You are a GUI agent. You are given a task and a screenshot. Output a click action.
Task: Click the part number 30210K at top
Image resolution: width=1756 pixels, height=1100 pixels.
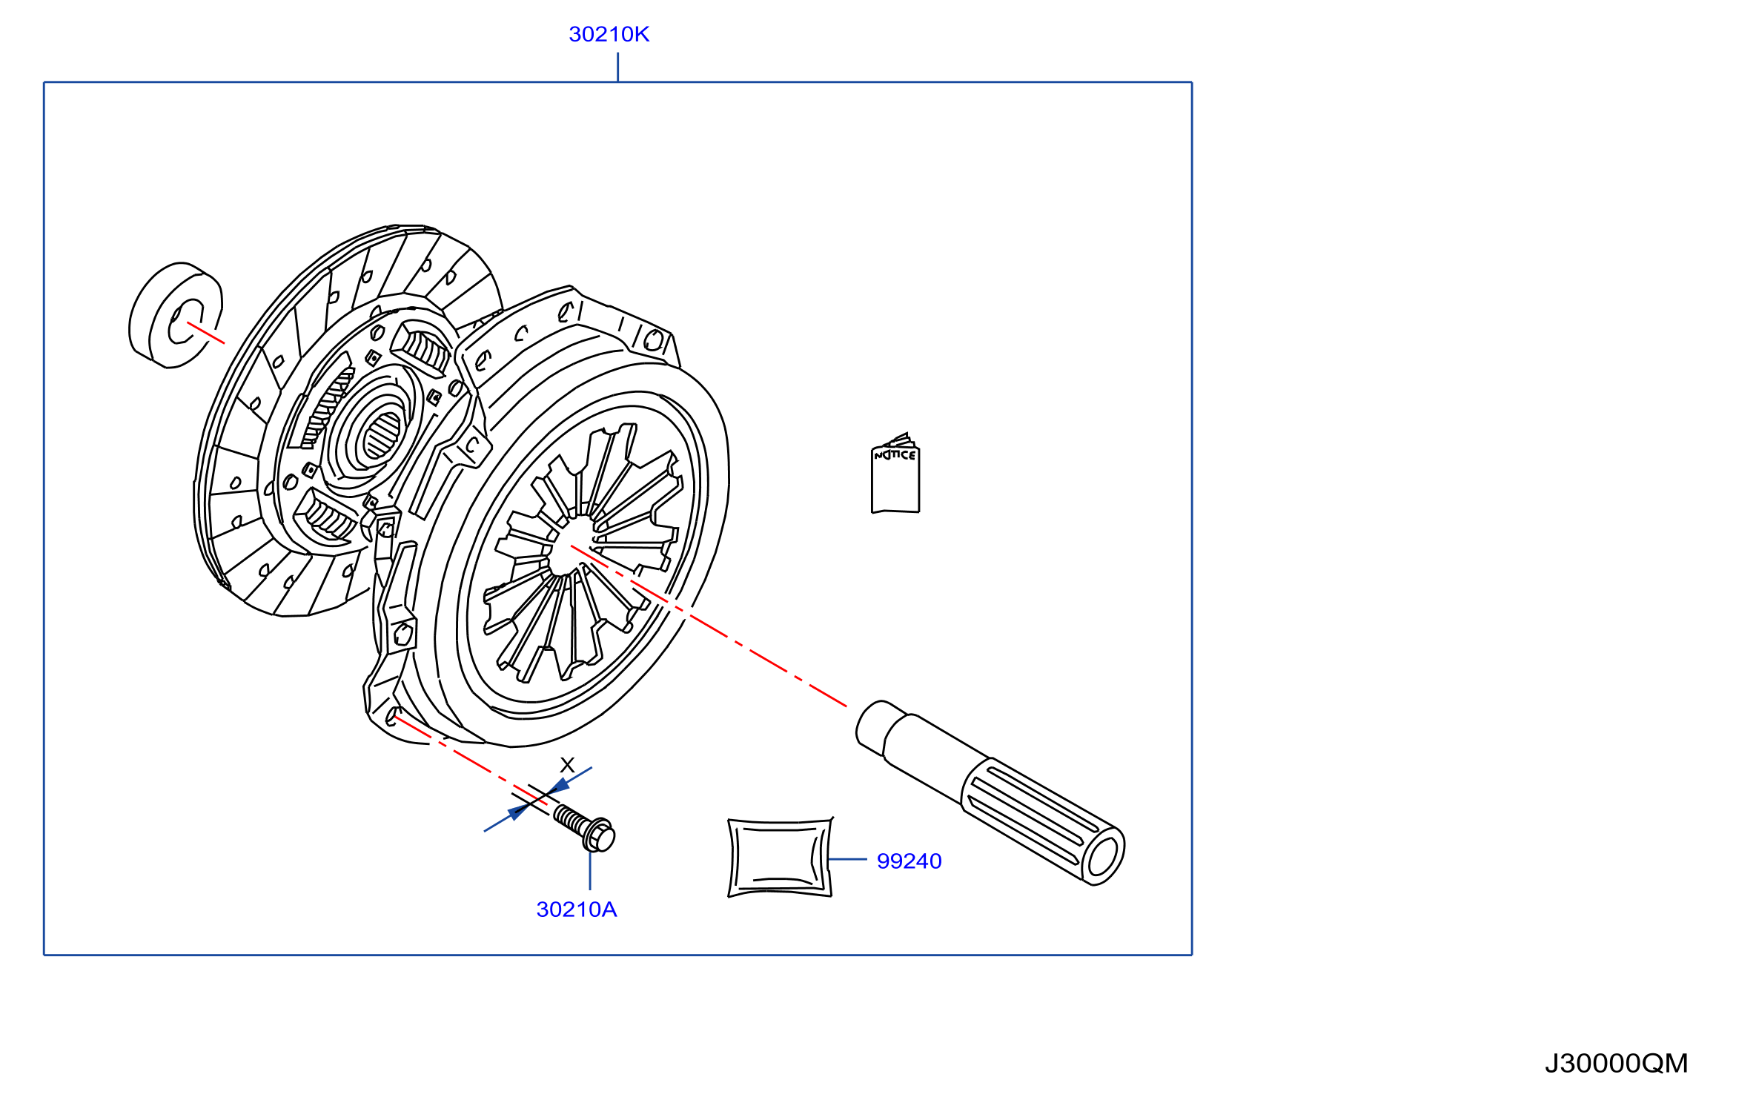(x=609, y=34)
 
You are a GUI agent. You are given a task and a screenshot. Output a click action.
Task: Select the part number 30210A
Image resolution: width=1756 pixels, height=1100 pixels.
(x=576, y=910)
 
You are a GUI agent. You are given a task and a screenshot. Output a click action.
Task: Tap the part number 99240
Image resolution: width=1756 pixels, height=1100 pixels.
(x=909, y=861)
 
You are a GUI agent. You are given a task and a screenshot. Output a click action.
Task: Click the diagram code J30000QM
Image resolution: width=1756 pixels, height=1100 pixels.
(x=1616, y=1064)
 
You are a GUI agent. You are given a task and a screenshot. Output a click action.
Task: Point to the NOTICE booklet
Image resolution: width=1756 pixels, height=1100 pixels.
(x=895, y=474)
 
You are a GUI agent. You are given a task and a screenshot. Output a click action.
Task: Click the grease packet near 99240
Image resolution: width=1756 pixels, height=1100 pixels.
(x=780, y=858)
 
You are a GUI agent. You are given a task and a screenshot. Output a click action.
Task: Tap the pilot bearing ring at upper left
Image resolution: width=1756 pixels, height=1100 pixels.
(x=176, y=315)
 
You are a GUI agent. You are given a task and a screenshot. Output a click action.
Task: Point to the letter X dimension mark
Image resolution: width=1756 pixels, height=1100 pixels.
(x=568, y=765)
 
